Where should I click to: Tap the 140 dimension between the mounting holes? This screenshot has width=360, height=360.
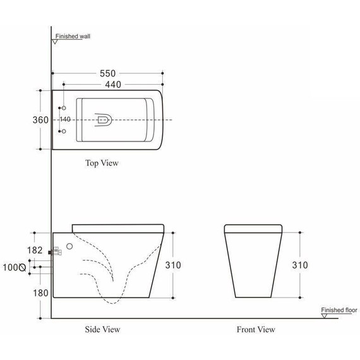[66, 119]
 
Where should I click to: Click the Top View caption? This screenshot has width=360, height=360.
[102, 163]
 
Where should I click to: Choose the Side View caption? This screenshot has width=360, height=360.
[102, 329]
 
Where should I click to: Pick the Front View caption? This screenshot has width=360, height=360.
[256, 329]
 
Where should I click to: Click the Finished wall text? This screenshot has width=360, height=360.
[73, 37]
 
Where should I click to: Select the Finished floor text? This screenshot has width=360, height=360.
[339, 310]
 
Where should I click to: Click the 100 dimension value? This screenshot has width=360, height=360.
[12, 268]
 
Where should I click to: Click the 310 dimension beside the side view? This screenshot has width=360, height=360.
[172, 265]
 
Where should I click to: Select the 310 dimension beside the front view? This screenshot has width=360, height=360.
[300, 265]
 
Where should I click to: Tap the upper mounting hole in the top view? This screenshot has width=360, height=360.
[63, 109]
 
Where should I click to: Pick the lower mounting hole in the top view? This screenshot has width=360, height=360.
[63, 130]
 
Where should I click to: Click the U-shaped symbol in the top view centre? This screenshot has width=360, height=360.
[102, 119]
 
